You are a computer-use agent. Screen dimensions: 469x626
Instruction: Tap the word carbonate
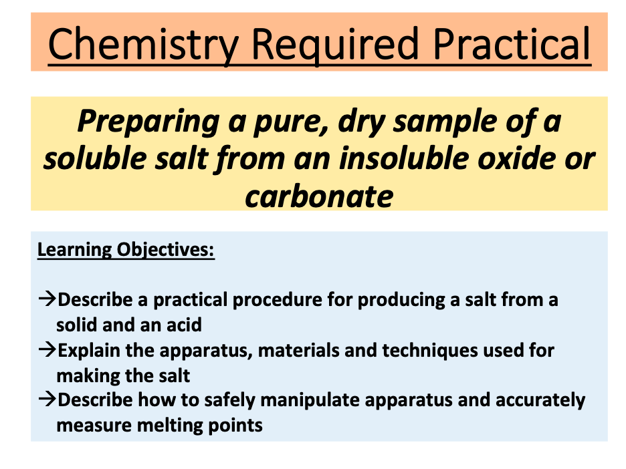click(319, 196)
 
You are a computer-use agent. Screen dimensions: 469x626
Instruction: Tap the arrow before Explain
click(47, 350)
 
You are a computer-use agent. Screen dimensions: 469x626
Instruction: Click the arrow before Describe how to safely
click(47, 400)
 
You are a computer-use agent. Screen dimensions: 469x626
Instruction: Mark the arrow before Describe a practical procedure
click(47, 300)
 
